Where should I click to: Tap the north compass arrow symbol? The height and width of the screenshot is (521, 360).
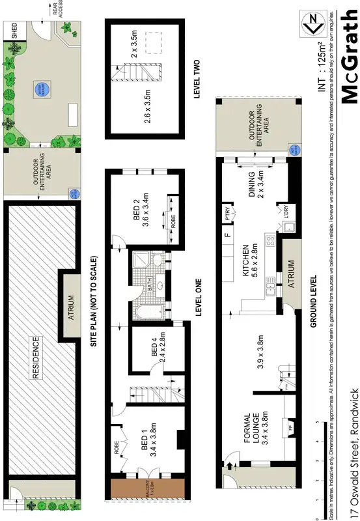tap(314, 23)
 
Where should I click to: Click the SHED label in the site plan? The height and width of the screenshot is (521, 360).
tap(14, 32)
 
